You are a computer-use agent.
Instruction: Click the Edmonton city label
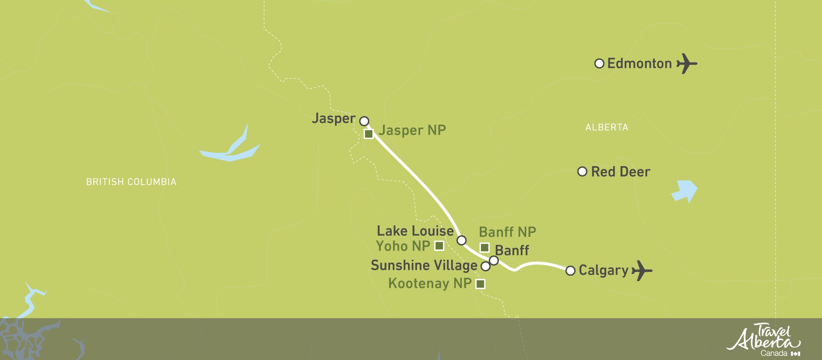639,64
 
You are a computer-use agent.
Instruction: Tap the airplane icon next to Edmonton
686,64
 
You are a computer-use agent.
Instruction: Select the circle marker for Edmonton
599,63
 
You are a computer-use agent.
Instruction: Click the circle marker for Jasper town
364,121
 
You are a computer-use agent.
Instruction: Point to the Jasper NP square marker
369,134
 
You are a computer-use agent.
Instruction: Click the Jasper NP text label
412,130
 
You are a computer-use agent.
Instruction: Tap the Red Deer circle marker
582,171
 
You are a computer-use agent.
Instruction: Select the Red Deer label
620,172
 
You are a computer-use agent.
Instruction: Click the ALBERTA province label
606,128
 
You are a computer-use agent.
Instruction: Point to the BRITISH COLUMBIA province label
131,182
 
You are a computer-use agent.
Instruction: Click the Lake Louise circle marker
461,240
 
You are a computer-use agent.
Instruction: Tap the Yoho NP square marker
439,246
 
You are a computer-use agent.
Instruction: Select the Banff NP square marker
484,247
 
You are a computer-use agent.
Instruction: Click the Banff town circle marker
494,261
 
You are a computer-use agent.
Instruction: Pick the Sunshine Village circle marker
485,266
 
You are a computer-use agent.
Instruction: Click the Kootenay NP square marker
480,284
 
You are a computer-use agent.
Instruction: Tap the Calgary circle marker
570,271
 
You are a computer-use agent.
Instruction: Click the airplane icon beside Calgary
641,271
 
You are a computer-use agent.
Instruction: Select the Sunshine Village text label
424,266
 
